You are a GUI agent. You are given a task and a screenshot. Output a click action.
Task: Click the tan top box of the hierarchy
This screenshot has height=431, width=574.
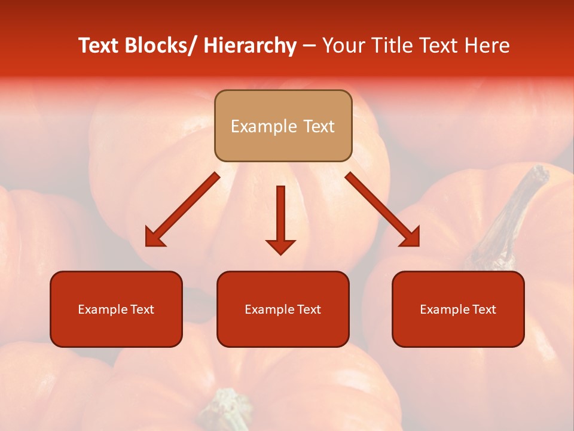pyautogui.click(x=283, y=126)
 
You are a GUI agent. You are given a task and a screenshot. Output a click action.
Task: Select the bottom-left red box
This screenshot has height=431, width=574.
pyautogui.click(x=116, y=309)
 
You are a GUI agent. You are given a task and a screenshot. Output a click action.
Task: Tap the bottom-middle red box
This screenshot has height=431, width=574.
pyautogui.click(x=283, y=309)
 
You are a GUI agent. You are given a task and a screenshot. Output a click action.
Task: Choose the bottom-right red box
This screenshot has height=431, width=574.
pyautogui.click(x=458, y=309)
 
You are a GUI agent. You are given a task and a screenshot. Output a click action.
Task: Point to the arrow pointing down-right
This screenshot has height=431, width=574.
pyautogui.click(x=383, y=210)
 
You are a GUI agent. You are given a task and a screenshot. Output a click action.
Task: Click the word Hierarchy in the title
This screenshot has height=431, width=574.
pyautogui.click(x=250, y=45)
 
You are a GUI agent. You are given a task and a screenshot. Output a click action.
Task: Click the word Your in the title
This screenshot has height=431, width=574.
pyautogui.click(x=344, y=45)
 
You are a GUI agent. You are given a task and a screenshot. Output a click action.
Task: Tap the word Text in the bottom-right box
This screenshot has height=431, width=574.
pyautogui.click(x=484, y=309)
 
